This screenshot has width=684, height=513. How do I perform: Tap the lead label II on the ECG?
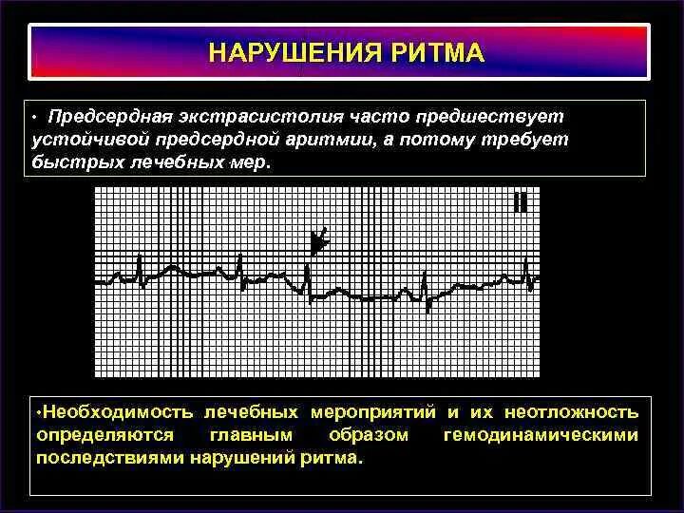pos(520,201)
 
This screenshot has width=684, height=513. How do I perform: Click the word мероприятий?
pos(371,413)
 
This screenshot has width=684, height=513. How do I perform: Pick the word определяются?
pos(104,435)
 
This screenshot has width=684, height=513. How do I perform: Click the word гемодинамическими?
pos(541,435)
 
